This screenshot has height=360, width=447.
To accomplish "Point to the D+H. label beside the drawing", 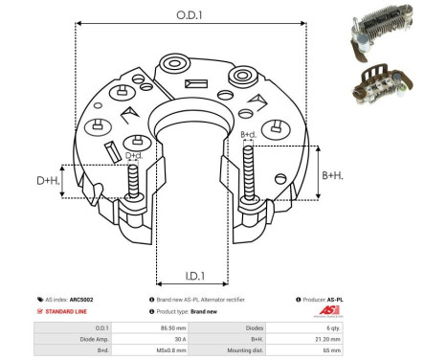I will click(48, 179).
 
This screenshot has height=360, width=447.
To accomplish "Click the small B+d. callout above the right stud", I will click(248, 134).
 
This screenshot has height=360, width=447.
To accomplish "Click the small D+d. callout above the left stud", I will click(134, 155).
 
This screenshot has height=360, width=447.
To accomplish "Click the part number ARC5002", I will click(81, 300).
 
